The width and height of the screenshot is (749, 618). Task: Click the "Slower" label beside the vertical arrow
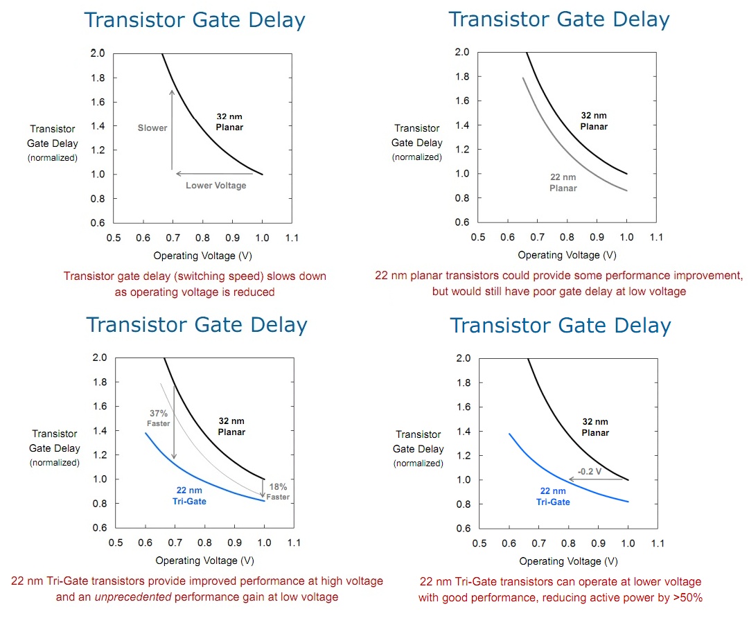152,128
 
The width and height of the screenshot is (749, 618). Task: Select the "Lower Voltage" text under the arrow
215,186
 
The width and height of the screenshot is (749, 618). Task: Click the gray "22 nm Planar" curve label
563,183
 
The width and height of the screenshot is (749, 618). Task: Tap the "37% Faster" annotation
158,418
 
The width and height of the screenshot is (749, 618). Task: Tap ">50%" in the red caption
689,597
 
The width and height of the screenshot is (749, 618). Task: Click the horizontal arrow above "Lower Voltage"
218,174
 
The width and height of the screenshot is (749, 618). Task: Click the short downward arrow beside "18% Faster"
263,488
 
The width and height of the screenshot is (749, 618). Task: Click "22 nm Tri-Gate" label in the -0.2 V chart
554,496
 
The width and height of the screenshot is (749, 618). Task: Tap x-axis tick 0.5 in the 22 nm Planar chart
478,238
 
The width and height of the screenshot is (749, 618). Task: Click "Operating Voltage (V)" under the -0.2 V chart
568,561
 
